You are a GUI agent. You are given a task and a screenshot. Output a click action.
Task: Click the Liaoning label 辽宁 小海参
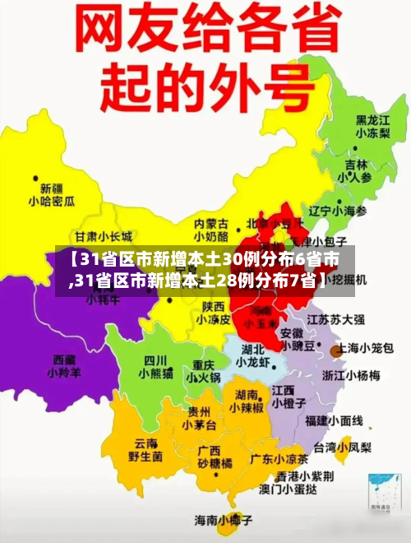pos(338,211)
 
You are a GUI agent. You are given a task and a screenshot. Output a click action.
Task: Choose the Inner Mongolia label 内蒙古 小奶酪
pos(211,230)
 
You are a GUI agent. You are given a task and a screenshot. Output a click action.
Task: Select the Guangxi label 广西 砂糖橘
pos(215,457)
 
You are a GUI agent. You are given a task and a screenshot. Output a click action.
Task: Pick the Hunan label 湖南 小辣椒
pos(246,401)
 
